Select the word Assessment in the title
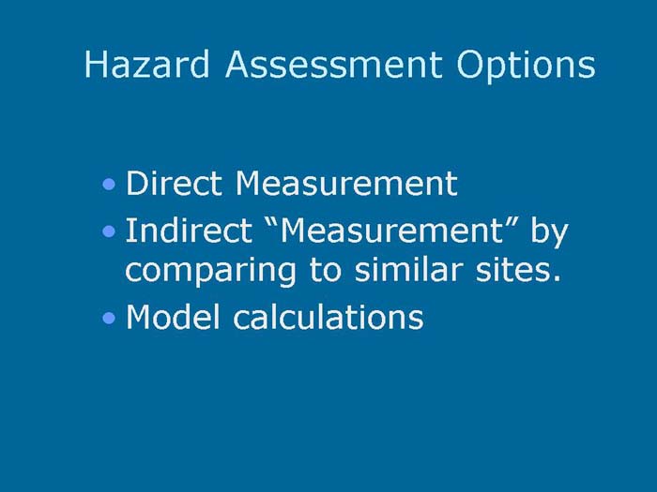click(x=333, y=65)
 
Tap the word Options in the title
click(x=526, y=65)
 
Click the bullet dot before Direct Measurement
click(x=112, y=185)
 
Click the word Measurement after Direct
click(x=346, y=183)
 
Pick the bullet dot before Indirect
click(x=112, y=231)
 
